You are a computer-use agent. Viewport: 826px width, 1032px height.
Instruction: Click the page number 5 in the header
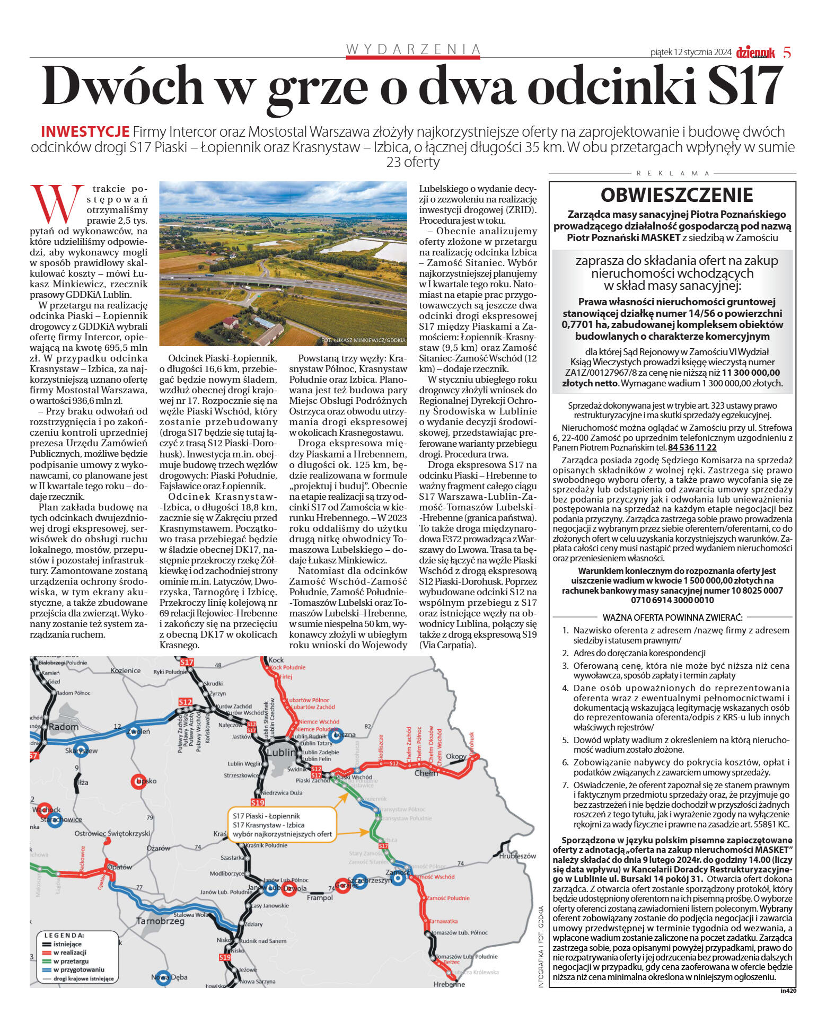coord(787,52)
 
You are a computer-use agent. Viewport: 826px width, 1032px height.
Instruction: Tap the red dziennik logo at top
coord(755,52)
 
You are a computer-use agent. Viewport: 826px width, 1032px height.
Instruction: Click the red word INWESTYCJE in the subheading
coord(85,132)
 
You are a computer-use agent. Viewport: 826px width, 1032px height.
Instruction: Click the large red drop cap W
coord(57,204)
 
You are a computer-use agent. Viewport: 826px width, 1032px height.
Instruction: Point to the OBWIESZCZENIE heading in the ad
coord(676,195)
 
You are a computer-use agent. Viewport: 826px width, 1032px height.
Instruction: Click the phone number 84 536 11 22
coord(692,447)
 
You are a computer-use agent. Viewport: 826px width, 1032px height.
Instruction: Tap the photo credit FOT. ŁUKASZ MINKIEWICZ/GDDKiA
coord(363,340)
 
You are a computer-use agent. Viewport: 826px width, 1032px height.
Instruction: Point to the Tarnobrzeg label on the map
coord(161,921)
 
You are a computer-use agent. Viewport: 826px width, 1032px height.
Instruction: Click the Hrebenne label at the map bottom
coord(449,984)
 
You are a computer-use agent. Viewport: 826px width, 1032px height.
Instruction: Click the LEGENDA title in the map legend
coord(64,936)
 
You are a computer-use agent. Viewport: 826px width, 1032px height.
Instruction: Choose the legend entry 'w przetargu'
coord(71,961)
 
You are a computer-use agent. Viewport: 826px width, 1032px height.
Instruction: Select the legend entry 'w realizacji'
coord(70,952)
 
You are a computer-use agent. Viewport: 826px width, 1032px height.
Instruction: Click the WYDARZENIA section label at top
coord(413,49)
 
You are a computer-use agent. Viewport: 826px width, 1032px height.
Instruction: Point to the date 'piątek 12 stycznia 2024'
coord(691,52)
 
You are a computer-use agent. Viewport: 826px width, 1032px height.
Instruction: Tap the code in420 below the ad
coord(788,990)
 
